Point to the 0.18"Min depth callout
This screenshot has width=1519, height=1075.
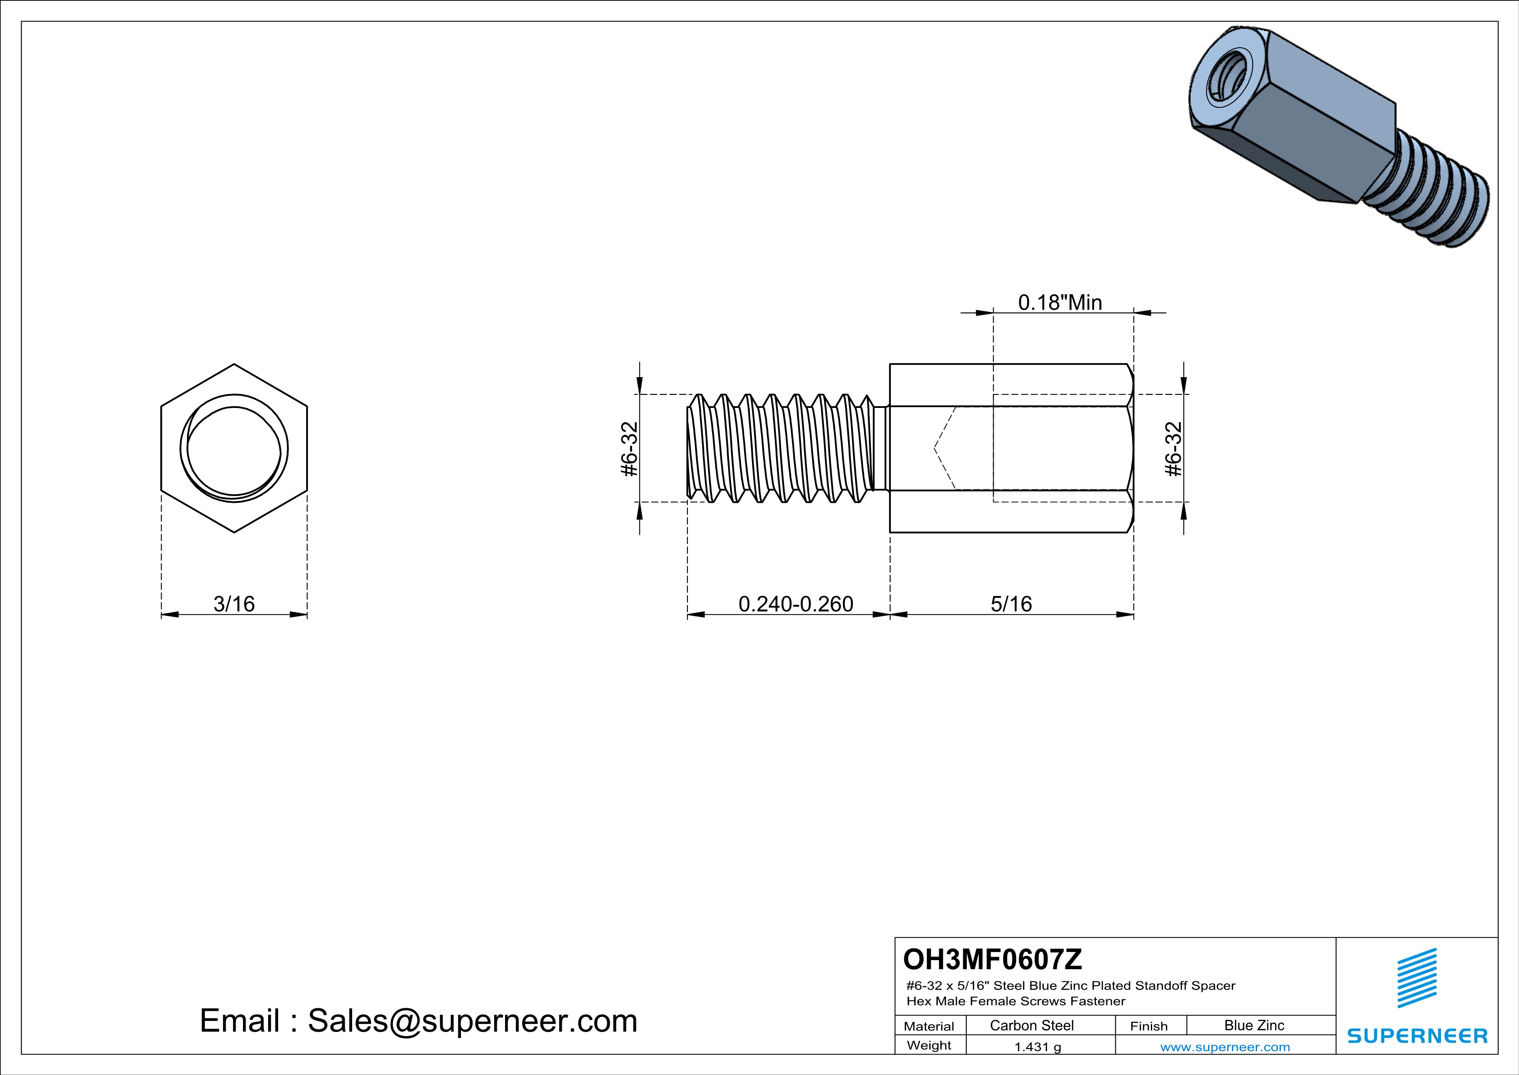tap(1060, 303)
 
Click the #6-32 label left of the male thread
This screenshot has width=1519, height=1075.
tap(630, 449)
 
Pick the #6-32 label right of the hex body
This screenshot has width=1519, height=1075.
tap(1173, 449)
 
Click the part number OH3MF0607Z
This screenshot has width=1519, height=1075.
tap(992, 958)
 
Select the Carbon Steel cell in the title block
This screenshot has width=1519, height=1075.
tap(1031, 1025)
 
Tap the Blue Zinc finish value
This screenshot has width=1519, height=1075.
tap(1253, 1025)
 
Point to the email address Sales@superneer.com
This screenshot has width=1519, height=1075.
tap(473, 1021)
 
